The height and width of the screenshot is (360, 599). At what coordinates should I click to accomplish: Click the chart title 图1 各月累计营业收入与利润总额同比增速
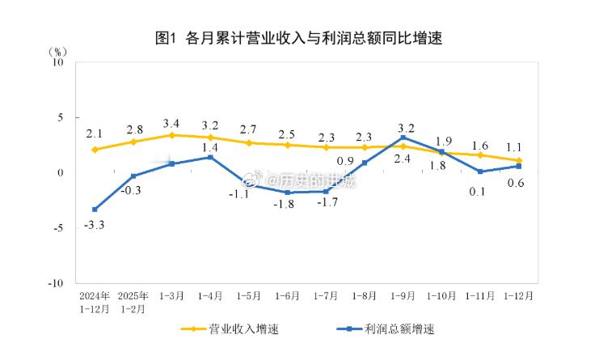pyautogui.click(x=299, y=38)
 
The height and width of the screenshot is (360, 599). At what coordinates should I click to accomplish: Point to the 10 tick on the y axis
pyautogui.click(x=57, y=61)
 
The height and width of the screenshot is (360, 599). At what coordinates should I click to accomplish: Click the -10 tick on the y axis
pyautogui.click(x=56, y=283)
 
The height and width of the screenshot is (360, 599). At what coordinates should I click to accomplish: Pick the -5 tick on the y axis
pyautogui.click(x=58, y=228)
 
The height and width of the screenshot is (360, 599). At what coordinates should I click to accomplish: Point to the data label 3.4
pyautogui.click(x=172, y=123)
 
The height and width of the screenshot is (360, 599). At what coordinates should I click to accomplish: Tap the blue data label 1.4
pyautogui.click(x=210, y=148)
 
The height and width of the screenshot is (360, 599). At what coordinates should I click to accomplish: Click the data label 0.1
pyautogui.click(x=478, y=191)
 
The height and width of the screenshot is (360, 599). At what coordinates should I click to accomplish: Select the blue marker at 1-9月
pyautogui.click(x=403, y=138)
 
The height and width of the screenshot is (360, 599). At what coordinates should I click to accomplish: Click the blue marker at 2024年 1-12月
pyautogui.click(x=95, y=210)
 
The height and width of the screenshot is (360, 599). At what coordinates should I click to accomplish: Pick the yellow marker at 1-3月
pyautogui.click(x=172, y=135)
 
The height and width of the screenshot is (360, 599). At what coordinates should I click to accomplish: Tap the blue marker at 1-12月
pyautogui.click(x=518, y=166)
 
